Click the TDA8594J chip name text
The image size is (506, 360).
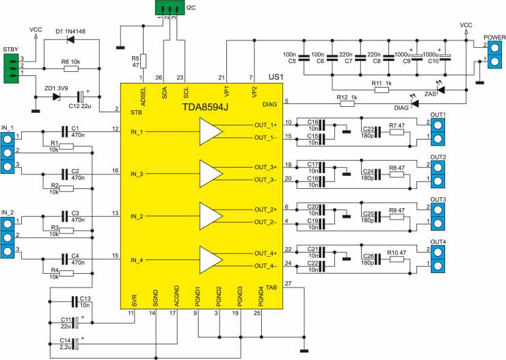(205, 107)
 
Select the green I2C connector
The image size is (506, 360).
(170, 8)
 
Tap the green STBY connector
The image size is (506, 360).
(12, 68)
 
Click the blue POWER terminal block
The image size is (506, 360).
(494, 55)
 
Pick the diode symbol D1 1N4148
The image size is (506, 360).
(70, 40)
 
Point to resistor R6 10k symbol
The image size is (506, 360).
(71, 68)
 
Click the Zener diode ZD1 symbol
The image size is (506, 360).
(57, 97)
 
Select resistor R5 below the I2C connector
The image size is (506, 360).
(143, 62)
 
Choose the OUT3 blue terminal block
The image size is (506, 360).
(438, 217)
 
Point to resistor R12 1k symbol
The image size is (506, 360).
(347, 103)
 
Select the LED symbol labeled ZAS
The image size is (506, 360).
(440, 90)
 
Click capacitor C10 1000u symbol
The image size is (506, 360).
(445, 57)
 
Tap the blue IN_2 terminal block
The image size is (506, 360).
(7, 237)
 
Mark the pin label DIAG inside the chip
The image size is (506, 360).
(270, 104)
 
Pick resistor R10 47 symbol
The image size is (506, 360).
(397, 259)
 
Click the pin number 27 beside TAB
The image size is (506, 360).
(288, 284)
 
